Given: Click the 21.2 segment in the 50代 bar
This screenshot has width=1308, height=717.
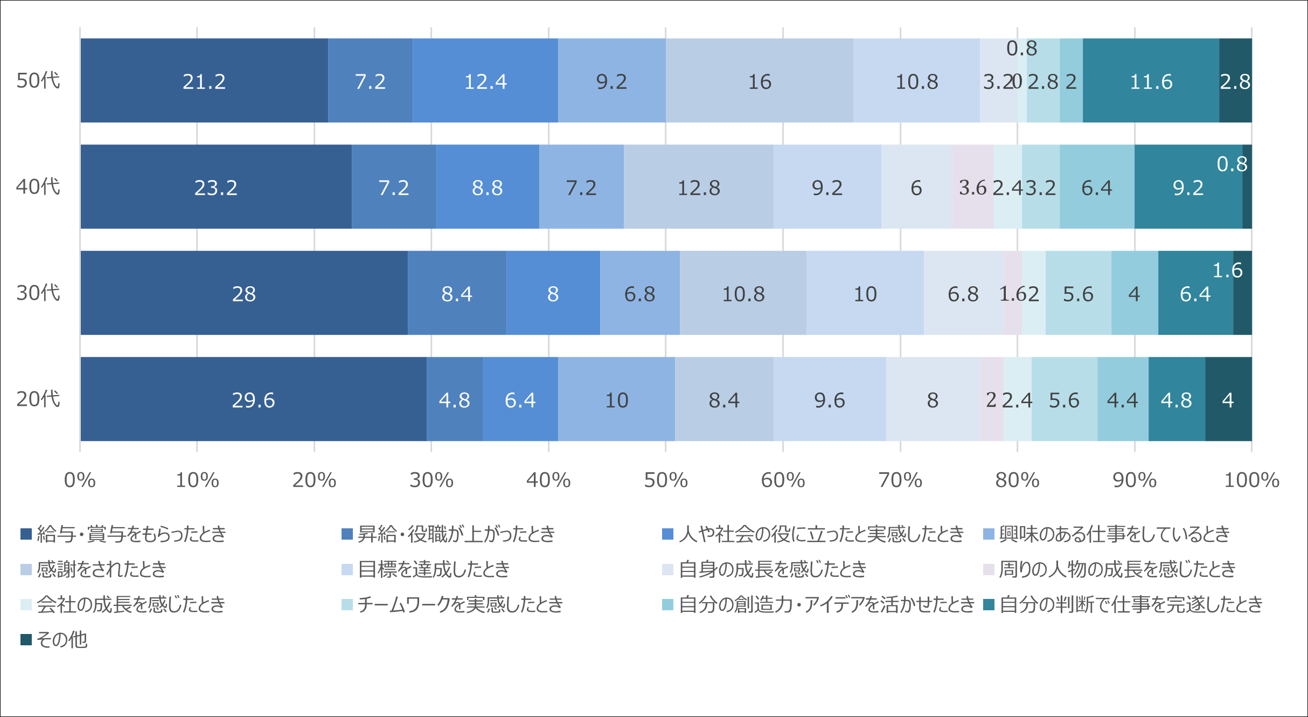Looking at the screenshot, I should [x=204, y=81].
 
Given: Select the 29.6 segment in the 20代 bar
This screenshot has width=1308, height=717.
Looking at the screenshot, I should [x=253, y=399].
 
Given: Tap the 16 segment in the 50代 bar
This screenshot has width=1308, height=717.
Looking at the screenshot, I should [x=759, y=81].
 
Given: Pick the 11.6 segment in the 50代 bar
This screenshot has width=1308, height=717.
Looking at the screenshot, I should [x=1151, y=81].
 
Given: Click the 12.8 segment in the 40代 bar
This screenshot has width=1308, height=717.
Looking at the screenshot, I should [x=698, y=187].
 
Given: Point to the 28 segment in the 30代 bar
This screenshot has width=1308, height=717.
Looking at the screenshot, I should [x=243, y=293].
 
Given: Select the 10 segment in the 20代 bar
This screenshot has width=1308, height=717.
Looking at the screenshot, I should [x=616, y=399].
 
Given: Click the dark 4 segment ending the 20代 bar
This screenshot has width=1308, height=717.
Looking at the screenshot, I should [x=1228, y=399].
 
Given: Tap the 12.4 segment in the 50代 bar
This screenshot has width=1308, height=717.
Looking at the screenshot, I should [x=485, y=81].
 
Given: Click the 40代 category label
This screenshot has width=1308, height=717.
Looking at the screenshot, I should [x=38, y=187].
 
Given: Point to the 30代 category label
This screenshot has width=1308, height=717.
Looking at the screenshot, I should [x=38, y=293].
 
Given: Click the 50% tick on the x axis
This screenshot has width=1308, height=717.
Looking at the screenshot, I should [x=666, y=480].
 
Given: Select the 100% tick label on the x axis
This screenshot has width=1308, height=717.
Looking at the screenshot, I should [x=1251, y=480].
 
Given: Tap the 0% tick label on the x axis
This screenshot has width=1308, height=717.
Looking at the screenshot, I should [x=80, y=480].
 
